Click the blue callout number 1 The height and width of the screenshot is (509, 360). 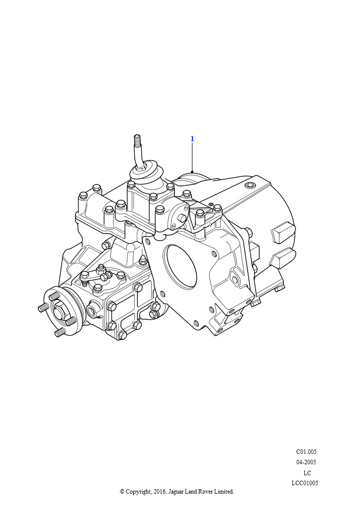[x=192, y=139]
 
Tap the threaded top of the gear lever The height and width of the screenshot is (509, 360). [x=137, y=141]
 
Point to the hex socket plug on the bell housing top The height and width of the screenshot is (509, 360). [x=250, y=185]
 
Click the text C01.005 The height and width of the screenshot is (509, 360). [x=306, y=451]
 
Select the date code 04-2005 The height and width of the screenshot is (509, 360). [x=306, y=462]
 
